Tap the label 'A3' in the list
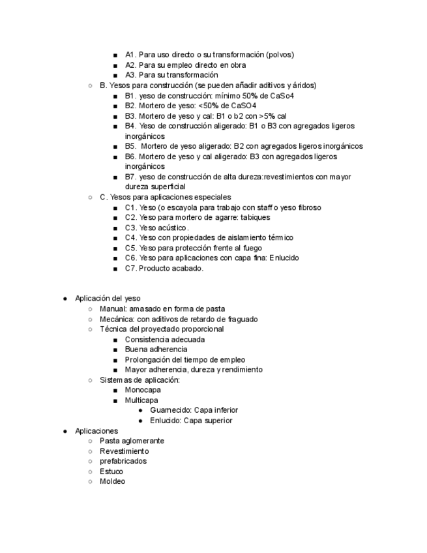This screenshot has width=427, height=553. pyautogui.click(x=130, y=75)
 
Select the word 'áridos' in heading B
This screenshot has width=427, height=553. pyautogui.click(x=304, y=85)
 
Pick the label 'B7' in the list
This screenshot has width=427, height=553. pyautogui.click(x=130, y=177)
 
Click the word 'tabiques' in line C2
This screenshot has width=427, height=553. pyautogui.click(x=255, y=217)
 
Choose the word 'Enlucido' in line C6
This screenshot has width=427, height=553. pyautogui.click(x=284, y=258)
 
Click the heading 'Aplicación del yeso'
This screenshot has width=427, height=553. pyautogui.click(x=108, y=298)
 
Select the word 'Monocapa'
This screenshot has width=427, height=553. pyautogui.click(x=143, y=390)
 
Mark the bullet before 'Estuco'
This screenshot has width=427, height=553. pyautogui.click(x=90, y=471)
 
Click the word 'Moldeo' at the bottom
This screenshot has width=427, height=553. pyautogui.click(x=112, y=481)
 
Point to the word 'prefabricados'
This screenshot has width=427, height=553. pyautogui.click(x=123, y=461)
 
